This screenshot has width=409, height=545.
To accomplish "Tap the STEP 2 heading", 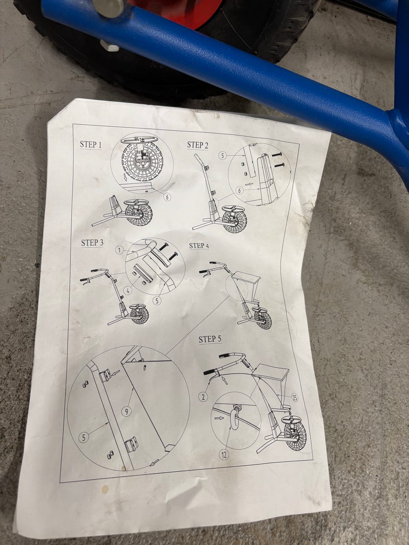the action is [197, 145].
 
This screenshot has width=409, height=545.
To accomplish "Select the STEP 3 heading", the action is [92, 243].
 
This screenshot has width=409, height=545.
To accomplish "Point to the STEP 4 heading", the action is [199, 246].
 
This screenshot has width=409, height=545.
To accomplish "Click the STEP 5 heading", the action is [210, 339].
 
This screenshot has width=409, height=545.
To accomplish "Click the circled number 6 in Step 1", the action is [167, 197].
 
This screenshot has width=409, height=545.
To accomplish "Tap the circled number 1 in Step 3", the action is [120, 250].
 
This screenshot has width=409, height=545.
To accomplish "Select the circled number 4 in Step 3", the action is [128, 291].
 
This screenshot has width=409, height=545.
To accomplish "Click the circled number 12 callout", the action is [224, 455].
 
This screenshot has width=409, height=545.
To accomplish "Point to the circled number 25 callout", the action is [294, 398].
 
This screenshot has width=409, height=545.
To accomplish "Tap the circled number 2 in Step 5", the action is [203, 397].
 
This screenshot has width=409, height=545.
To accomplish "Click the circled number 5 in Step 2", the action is [223, 156].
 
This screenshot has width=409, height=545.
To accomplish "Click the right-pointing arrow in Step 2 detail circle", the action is [249, 184].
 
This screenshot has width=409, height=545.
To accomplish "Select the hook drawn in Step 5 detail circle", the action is [234, 418].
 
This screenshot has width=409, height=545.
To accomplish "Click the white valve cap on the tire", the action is [110, 46].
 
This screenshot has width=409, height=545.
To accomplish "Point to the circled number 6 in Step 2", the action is [239, 191].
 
